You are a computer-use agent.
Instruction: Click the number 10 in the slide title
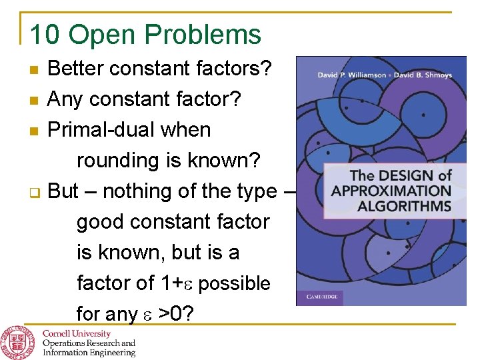coord(45,35)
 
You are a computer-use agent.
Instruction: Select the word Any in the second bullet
coord(66,99)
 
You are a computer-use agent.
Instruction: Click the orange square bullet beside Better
coord(35,69)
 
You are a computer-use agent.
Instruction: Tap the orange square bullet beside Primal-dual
coord(35,131)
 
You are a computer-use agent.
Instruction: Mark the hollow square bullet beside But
coord(35,193)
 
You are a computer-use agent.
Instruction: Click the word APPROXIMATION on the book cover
coord(391,191)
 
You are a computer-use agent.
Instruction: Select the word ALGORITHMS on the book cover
coord(404,205)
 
